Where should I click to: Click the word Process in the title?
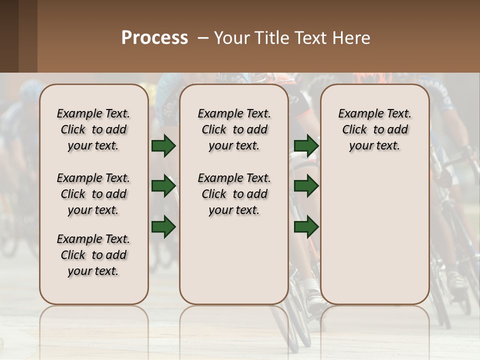tap(154, 38)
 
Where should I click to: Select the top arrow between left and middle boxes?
tap(163, 146)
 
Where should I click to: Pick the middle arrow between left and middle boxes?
tap(163, 186)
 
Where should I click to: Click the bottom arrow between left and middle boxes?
tap(163, 226)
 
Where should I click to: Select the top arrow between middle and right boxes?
tap(306, 146)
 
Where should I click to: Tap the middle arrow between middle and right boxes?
tap(306, 186)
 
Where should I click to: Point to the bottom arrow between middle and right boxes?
tap(306, 226)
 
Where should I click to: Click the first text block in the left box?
tap(93, 129)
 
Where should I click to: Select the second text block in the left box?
tap(93, 194)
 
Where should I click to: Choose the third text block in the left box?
tap(93, 255)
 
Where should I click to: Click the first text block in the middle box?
tap(234, 129)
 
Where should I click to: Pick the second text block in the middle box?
tap(234, 194)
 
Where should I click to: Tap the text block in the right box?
tap(375, 129)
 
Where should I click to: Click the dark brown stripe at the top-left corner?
tap(9, 35)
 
